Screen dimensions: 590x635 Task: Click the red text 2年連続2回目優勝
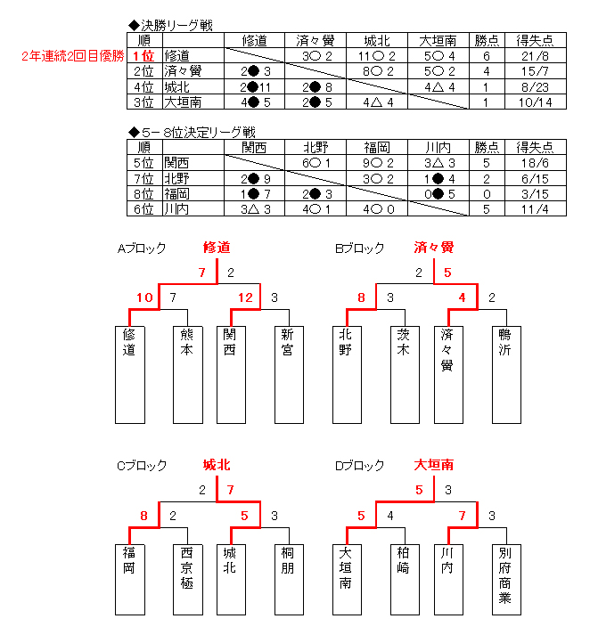click(x=73, y=55)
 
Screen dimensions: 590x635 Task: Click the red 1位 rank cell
click(x=144, y=55)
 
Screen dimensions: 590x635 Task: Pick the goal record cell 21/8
click(x=536, y=56)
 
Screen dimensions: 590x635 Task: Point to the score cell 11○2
click(x=376, y=56)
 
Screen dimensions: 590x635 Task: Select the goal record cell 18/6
click(x=536, y=163)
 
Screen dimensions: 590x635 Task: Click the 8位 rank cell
click(x=144, y=194)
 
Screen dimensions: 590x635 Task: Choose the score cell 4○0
click(x=376, y=209)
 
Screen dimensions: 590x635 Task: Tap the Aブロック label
click(x=142, y=248)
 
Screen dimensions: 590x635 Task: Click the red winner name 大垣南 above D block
click(x=433, y=465)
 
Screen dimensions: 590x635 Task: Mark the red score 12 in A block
click(x=245, y=297)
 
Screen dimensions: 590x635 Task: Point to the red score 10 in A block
click(x=144, y=297)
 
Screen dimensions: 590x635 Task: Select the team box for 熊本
click(x=188, y=375)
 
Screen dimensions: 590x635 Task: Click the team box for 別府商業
click(x=506, y=580)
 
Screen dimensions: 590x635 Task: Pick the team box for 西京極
click(x=188, y=580)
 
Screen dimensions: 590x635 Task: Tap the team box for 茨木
click(x=405, y=375)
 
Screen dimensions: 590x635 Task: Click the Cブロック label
click(x=142, y=465)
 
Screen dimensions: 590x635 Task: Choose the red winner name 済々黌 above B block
click(x=433, y=247)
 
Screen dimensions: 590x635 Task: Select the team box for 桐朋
click(x=289, y=580)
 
